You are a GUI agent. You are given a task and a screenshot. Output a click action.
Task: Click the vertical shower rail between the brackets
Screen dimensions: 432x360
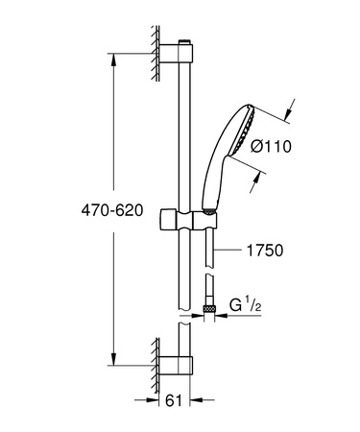(x=184, y=144)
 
